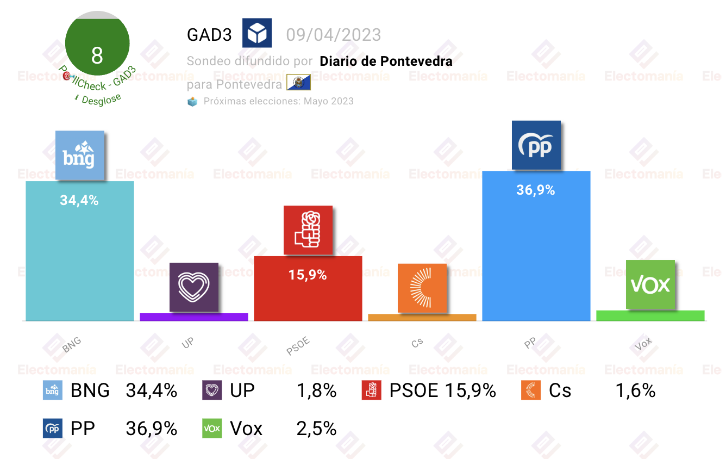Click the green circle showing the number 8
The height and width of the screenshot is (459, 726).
[97, 43]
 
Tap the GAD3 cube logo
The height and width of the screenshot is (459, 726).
[257, 33]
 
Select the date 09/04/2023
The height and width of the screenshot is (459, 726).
[334, 35]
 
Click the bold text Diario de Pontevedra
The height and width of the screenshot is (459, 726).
[386, 61]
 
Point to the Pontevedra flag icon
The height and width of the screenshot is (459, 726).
[298, 82]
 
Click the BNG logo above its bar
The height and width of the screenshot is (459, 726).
[80, 156]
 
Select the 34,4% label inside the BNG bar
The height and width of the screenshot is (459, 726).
[79, 200]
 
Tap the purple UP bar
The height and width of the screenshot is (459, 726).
[194, 317]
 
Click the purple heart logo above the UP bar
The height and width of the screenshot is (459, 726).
[194, 287]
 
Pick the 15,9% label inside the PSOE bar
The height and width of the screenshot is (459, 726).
[308, 275]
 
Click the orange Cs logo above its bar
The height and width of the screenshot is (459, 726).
[422, 288]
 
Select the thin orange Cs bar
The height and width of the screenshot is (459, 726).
[422, 318]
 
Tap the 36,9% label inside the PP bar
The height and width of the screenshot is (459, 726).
[536, 190]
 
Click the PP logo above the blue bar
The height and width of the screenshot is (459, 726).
[536, 145]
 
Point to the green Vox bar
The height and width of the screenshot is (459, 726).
[650, 315]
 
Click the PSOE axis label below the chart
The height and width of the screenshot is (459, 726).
[298, 346]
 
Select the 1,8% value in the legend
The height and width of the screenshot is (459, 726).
[316, 390]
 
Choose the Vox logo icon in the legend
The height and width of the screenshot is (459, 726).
[212, 428]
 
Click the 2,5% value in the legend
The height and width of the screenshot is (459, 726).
[316, 429]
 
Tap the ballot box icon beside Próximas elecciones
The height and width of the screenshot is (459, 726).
[192, 102]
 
